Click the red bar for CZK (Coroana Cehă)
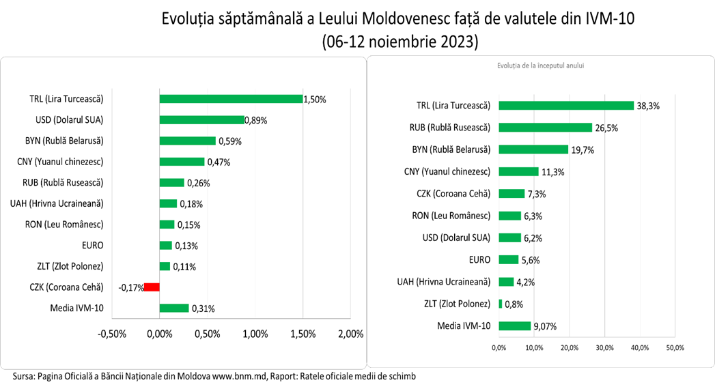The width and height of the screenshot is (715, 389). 152,287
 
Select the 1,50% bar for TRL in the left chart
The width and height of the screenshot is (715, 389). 231,99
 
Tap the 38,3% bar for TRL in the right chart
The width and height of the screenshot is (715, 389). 566,106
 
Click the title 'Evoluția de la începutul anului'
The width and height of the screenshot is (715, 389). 540,66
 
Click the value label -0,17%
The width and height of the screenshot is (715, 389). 130,287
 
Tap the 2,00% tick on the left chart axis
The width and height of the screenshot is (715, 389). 351,334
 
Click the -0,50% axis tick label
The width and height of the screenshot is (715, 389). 113,334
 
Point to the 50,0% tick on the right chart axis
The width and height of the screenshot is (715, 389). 675,348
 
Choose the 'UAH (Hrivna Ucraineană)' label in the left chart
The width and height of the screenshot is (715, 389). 57,203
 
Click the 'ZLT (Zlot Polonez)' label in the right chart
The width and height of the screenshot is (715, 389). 453,304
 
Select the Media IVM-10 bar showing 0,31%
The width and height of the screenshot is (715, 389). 174,308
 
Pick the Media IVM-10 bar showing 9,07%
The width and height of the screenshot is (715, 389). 515,326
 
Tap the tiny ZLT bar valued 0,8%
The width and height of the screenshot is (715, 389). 501,304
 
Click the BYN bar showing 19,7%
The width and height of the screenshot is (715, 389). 533,149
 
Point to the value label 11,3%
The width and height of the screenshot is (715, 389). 552,171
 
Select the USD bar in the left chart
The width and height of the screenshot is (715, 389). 202,120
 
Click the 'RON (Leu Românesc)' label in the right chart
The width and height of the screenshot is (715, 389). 451,216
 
